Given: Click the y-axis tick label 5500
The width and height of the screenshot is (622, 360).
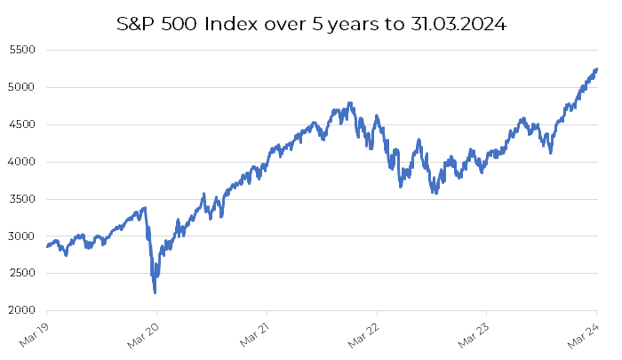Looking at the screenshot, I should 21,51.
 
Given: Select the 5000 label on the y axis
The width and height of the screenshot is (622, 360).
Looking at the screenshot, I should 21,88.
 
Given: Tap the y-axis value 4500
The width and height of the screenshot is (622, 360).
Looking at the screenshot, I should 21,125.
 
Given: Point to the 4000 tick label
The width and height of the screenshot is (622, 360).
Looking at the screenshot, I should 21,163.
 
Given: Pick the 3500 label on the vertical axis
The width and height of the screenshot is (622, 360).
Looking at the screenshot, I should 21,200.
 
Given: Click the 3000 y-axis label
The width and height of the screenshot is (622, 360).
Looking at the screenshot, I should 21,236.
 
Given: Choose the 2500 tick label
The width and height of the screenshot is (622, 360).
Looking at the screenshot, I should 21,274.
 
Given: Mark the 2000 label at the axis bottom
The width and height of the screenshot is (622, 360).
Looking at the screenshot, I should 21,311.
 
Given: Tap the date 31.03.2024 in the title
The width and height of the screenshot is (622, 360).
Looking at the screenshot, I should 458,25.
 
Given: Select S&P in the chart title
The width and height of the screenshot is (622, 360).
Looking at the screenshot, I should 140,25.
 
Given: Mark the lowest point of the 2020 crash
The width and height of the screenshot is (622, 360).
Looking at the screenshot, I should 155,292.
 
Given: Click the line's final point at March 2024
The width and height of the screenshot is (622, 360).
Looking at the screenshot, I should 596,68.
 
